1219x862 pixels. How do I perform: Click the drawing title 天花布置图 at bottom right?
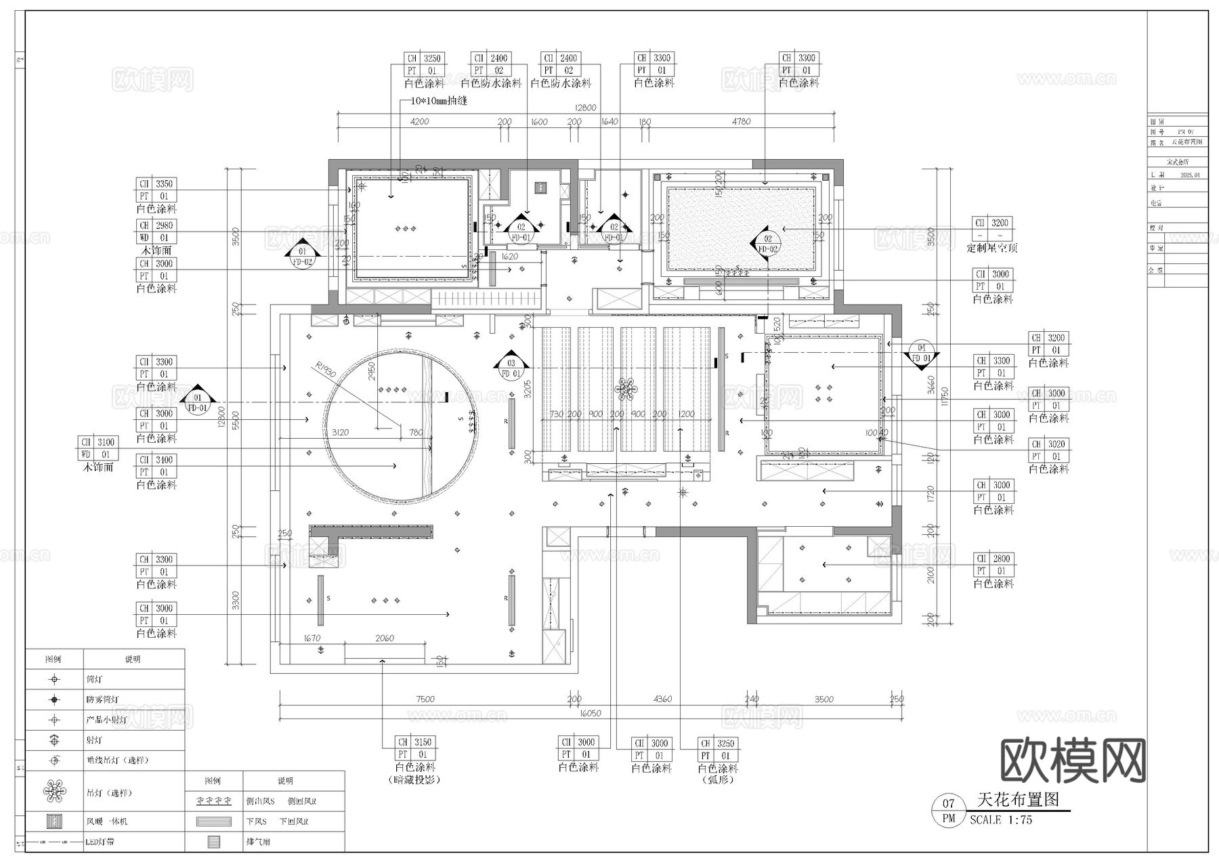pos(1018,799)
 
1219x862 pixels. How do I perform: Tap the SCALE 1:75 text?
pos(1000,819)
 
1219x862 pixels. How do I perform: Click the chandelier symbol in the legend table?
pos(54,790)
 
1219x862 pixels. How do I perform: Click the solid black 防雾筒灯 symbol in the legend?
pos(54,699)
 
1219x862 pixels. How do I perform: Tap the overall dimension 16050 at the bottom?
pos(590,713)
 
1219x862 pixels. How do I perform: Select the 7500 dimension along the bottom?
pos(425,699)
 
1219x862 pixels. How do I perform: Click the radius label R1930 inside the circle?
pos(326,370)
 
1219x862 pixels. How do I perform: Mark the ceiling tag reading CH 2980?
pos(156,225)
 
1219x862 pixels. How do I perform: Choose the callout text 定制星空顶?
pos(992,248)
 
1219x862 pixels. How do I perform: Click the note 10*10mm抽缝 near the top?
pos(440,101)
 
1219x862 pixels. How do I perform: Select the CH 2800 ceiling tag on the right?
pos(993,559)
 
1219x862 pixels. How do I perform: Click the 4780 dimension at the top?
pos(741,121)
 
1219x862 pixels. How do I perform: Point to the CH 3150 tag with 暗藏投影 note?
pos(415,742)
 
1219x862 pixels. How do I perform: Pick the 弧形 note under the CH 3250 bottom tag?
pos(718,779)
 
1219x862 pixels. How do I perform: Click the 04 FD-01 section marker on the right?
pos(921,352)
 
